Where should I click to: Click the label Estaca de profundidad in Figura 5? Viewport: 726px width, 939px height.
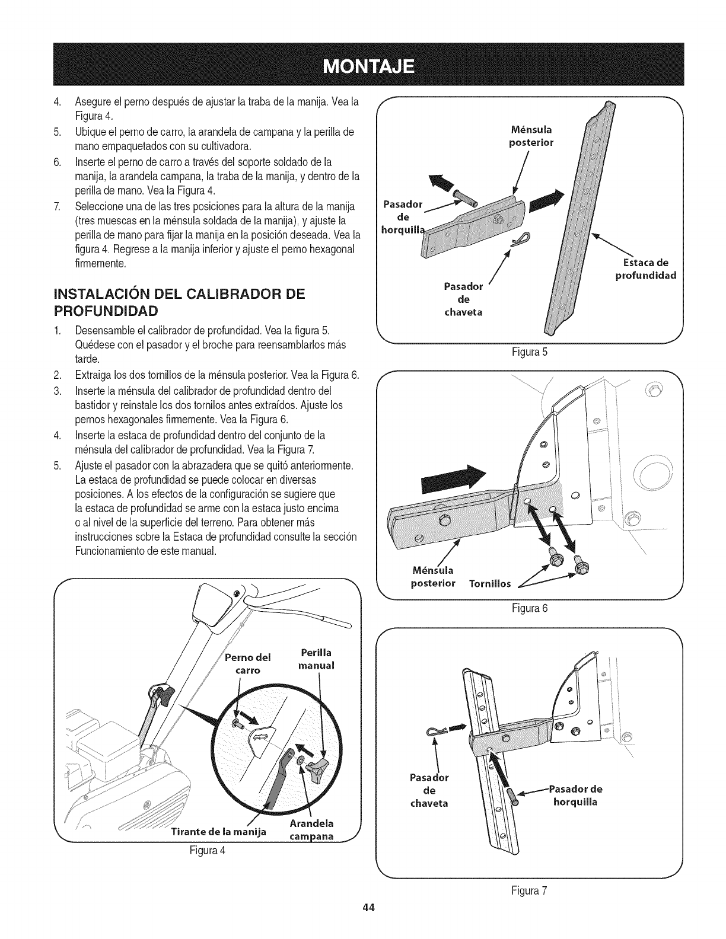click(x=646, y=270)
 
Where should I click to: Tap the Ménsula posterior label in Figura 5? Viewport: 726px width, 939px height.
click(x=531, y=136)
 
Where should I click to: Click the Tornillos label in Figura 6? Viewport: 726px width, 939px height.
click(x=490, y=584)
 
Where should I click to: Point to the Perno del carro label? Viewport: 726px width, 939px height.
click(x=248, y=663)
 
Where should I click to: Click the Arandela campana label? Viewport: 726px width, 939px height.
click(x=312, y=830)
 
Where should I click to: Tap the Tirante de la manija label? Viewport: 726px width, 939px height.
click(x=218, y=832)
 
